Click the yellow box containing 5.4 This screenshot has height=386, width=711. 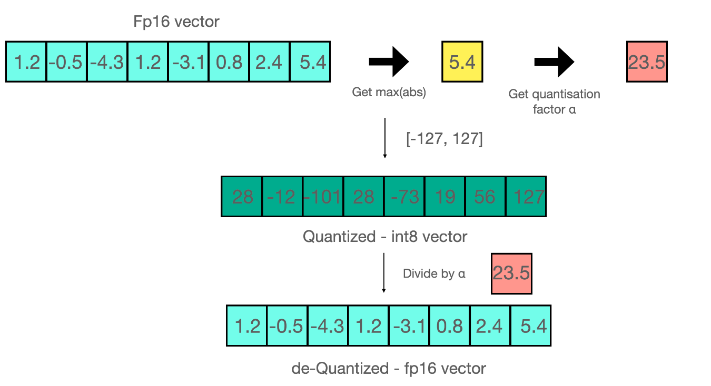(462, 62)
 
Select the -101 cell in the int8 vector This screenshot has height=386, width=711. (323, 196)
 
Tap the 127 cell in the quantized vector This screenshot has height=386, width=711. (526, 196)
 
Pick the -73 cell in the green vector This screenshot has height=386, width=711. (404, 196)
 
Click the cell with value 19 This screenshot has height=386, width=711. (445, 196)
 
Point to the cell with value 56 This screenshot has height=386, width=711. (486, 196)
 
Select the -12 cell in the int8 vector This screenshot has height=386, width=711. (283, 196)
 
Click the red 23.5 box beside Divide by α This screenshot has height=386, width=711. (511, 273)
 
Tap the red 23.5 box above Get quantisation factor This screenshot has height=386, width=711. (647, 62)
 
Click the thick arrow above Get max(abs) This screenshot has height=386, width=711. (389, 62)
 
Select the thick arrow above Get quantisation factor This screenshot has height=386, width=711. (554, 62)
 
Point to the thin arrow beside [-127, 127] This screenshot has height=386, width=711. (385, 138)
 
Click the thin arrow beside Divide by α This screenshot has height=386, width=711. (383, 272)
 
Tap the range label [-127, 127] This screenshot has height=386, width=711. (444, 140)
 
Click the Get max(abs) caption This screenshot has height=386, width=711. (389, 93)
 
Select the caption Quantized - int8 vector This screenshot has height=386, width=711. (384, 237)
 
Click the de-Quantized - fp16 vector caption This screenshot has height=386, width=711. (388, 368)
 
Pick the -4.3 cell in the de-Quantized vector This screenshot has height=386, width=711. (328, 326)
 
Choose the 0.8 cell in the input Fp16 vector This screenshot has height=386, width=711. (229, 62)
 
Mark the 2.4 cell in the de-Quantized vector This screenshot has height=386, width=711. (490, 326)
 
